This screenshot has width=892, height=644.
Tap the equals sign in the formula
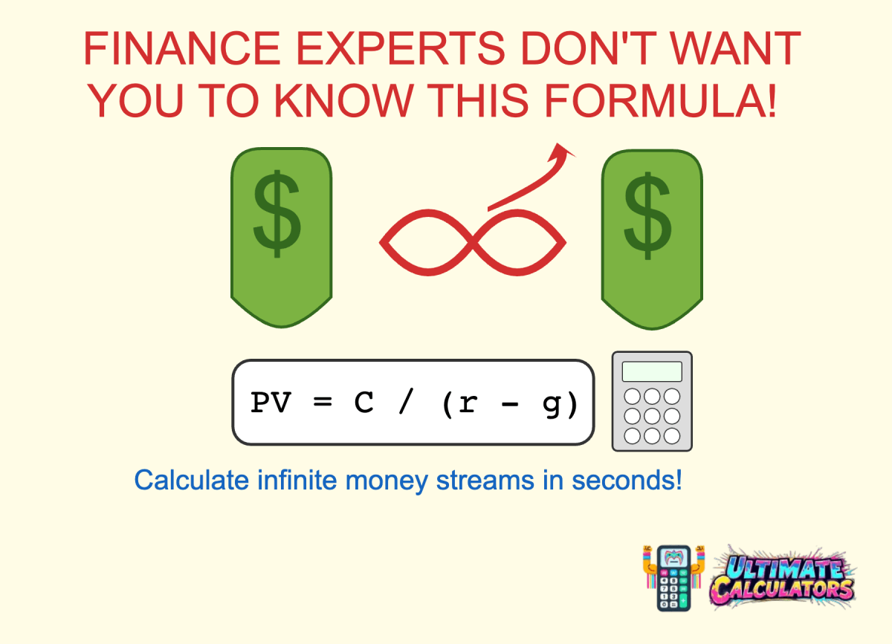[x=320, y=403]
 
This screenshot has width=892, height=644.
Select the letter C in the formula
[x=363, y=403]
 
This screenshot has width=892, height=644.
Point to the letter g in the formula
[x=551, y=405]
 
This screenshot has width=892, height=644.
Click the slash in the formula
[x=407, y=403]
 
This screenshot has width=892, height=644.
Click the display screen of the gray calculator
[x=652, y=371]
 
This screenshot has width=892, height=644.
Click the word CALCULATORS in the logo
[x=782, y=591]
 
